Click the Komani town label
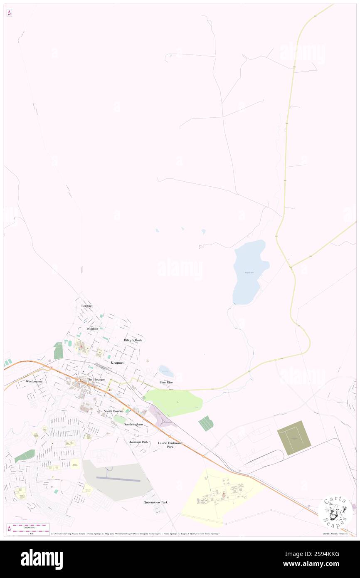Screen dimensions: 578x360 coord(117,363)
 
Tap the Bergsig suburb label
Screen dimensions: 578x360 coord(86,306)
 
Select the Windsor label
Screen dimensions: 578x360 coord(92,329)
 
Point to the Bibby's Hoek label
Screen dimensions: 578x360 coord(133,340)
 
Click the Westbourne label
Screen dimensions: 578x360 coord(34,381)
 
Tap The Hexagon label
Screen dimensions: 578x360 coord(96,380)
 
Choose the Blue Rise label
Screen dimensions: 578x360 coord(166,382)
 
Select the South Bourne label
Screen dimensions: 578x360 coord(113,411)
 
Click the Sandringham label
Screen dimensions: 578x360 coord(133,424)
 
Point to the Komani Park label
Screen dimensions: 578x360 coord(139,442)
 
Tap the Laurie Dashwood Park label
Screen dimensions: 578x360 coord(170,445)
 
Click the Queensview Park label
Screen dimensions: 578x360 coord(155,502)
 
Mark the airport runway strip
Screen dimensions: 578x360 coord(118,479)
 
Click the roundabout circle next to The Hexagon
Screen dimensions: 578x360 coord(79,380)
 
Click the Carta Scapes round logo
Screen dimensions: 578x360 coord(335,511)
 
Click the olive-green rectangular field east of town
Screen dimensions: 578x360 coord(294,438)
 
